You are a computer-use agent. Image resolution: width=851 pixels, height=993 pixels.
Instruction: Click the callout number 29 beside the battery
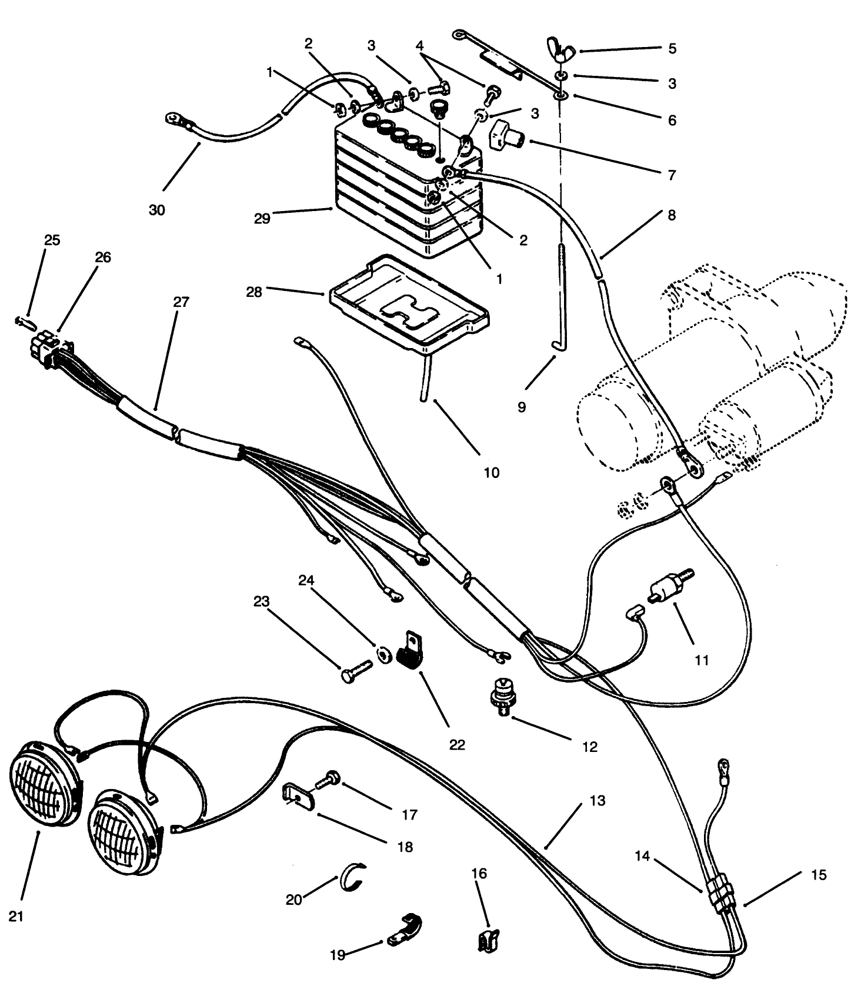pos(262,218)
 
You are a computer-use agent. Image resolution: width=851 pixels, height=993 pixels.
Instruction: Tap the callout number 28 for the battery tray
pos(253,292)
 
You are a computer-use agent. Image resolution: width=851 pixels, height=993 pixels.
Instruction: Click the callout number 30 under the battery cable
pos(157,210)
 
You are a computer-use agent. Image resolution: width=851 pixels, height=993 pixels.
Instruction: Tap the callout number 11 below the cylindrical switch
pos(702,660)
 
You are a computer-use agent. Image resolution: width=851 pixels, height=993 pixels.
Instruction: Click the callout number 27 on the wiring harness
pos(181,302)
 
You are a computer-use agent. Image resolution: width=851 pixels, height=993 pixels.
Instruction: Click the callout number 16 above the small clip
pos(479,873)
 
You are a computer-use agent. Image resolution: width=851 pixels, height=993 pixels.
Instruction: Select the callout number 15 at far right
pos(818,875)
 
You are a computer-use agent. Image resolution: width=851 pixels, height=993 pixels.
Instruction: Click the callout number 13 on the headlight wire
pos(597,801)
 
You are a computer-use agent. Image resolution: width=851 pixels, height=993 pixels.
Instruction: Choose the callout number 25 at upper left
pos(52,240)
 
